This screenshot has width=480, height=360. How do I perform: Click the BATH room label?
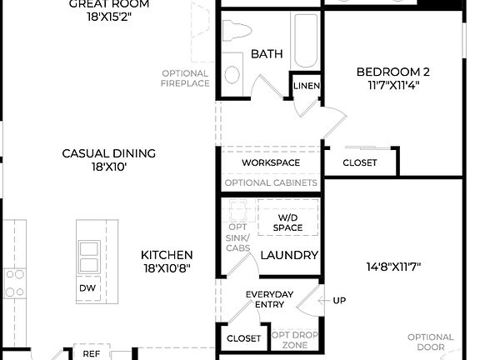(x=267, y=54)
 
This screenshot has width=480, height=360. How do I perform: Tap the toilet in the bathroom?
(x=237, y=32)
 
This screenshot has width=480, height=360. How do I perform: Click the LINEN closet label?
(x=305, y=87)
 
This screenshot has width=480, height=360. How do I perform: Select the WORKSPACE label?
(x=271, y=162)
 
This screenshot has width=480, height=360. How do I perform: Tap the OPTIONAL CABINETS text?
(x=271, y=182)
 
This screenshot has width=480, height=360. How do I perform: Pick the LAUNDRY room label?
(x=289, y=255)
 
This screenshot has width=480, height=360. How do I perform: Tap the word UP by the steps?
(x=339, y=300)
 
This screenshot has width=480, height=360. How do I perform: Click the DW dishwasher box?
(x=87, y=288)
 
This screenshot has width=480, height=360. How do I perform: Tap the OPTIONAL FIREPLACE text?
(x=186, y=78)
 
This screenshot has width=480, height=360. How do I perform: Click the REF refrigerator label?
(x=91, y=353)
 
